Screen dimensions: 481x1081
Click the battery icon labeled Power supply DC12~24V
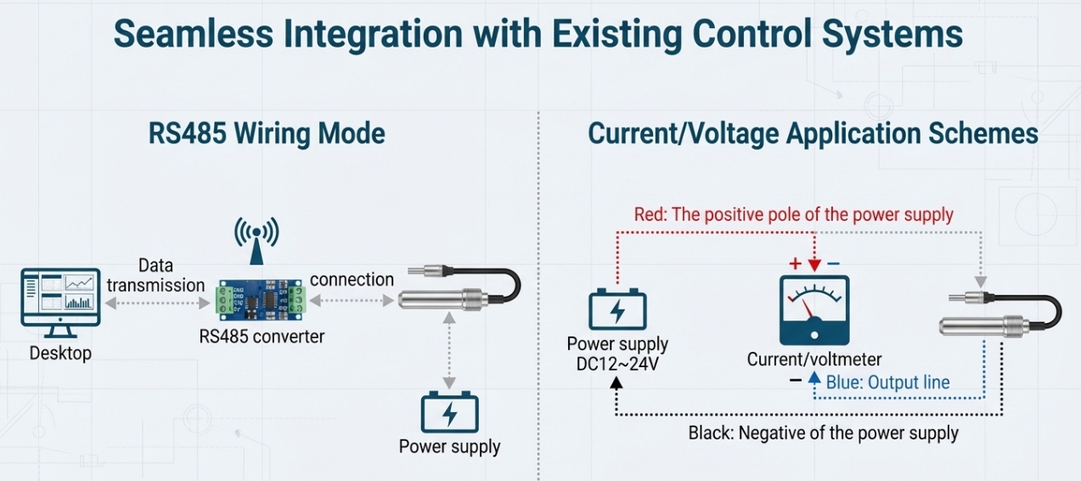click(617, 311)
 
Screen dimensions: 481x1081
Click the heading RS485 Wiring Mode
click(267, 134)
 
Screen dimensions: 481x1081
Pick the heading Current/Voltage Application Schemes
click(813, 134)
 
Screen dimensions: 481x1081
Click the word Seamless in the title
click(188, 34)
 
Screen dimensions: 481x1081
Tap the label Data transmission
click(155, 276)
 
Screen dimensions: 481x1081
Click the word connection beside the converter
click(352, 280)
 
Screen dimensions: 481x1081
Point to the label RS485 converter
click(262, 337)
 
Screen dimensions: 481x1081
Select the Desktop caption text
click(60, 353)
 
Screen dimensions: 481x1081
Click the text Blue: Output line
click(887, 382)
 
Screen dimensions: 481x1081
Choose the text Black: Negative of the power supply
click(823, 433)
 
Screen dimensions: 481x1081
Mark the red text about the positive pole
click(793, 215)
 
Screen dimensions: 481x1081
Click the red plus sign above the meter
click(795, 263)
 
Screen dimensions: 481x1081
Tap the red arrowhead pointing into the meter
click(814, 266)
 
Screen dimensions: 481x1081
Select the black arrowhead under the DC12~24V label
click(617, 382)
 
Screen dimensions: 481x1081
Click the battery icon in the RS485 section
click(449, 412)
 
